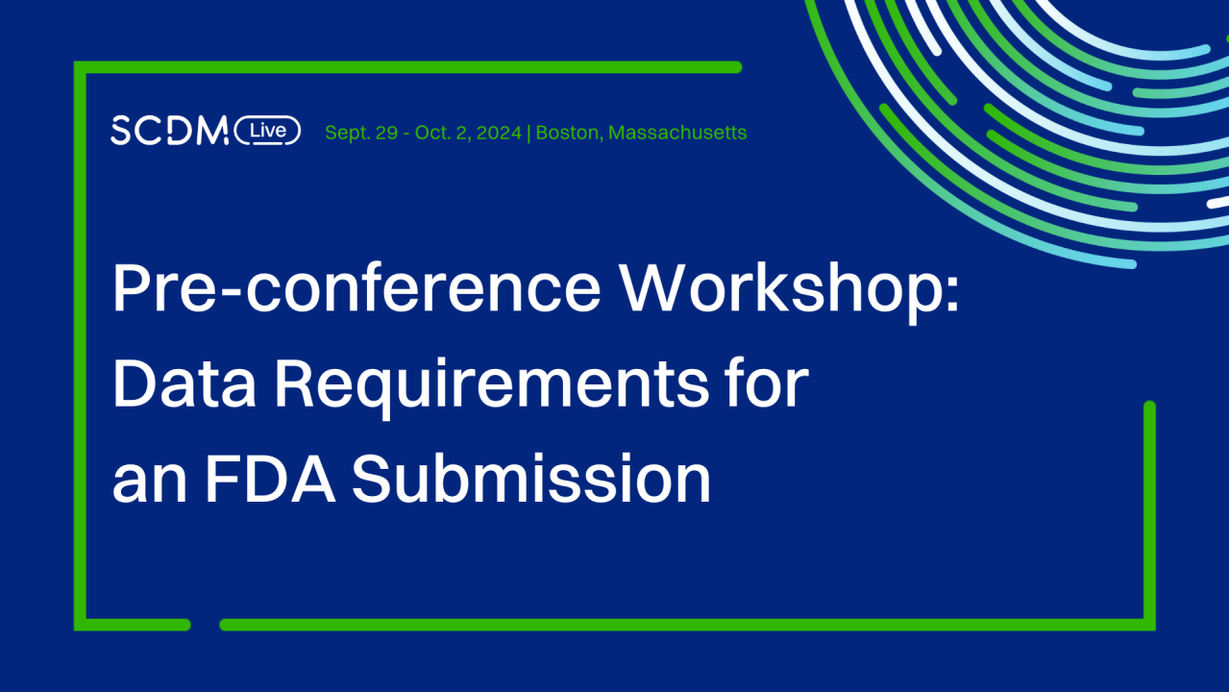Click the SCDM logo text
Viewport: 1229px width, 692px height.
point(169,131)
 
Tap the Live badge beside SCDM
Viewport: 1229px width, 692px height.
point(268,131)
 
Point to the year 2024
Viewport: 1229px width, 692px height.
point(498,133)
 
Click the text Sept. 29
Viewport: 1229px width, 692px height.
point(361,133)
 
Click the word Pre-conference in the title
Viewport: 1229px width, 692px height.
point(356,288)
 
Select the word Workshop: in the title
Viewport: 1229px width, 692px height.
point(789,288)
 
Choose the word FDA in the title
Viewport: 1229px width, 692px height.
point(270,478)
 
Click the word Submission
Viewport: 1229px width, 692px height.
point(531,478)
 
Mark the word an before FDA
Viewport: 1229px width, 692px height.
point(148,481)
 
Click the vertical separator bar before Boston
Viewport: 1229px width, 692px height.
point(529,133)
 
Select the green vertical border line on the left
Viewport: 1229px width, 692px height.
point(81,346)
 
